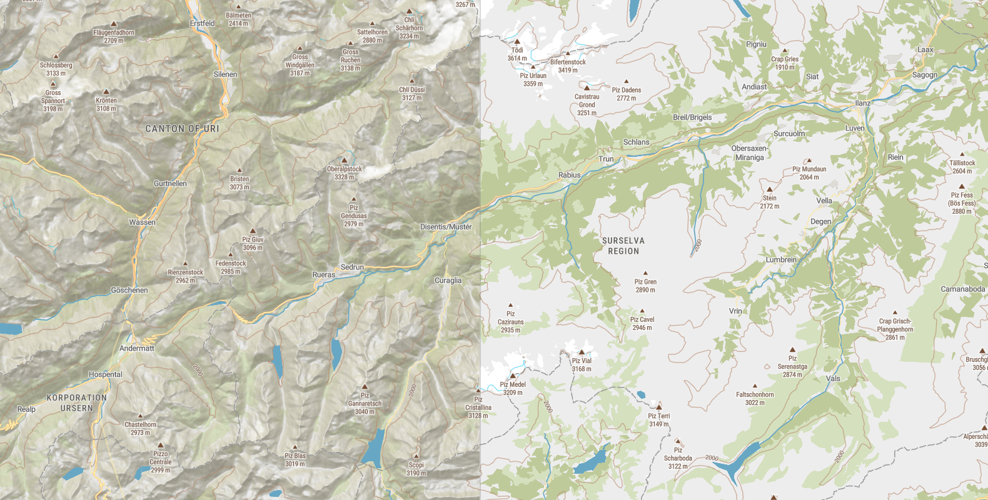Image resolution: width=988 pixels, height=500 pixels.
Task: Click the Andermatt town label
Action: [x=136, y=348]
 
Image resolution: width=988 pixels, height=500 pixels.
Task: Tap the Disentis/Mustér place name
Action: [x=445, y=227]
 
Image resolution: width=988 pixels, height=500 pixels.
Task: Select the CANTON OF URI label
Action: [x=182, y=129]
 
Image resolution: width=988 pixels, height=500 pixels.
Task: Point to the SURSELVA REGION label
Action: [x=623, y=246]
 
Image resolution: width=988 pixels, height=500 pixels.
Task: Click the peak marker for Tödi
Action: [x=517, y=42]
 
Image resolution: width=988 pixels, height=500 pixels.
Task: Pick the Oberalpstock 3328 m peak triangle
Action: [x=343, y=161]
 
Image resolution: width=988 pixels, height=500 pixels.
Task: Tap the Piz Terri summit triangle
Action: [x=658, y=407]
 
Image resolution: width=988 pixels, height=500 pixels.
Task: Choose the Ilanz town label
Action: [x=862, y=103]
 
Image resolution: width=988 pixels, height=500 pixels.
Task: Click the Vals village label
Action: [x=833, y=378]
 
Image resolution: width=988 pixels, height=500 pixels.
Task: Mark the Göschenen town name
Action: [x=129, y=290]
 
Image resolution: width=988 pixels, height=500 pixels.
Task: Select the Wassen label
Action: [x=142, y=222]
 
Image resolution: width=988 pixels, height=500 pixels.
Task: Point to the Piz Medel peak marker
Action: [x=513, y=376]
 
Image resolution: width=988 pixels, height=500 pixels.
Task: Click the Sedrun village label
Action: [x=352, y=267]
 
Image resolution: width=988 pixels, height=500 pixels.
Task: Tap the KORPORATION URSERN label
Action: [x=76, y=402]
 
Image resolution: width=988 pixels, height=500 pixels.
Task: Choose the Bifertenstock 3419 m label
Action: [x=568, y=66]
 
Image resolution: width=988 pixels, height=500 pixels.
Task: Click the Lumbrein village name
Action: [x=781, y=259]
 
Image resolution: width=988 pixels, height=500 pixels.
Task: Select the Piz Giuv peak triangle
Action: [x=253, y=231]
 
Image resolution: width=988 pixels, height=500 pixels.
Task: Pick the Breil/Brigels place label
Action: [x=692, y=117]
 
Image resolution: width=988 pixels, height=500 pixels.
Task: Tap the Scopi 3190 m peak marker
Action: [x=416, y=456]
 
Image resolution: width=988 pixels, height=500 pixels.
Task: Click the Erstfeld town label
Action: [x=202, y=23]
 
